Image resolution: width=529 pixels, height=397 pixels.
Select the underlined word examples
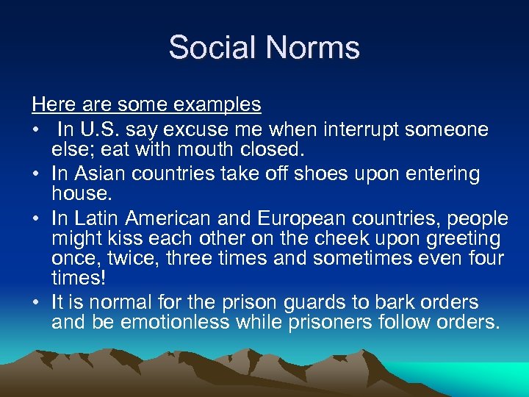tap(219, 105)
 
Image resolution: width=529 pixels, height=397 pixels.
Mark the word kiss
tap(131, 239)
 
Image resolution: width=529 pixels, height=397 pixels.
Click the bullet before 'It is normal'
tap(37, 302)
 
